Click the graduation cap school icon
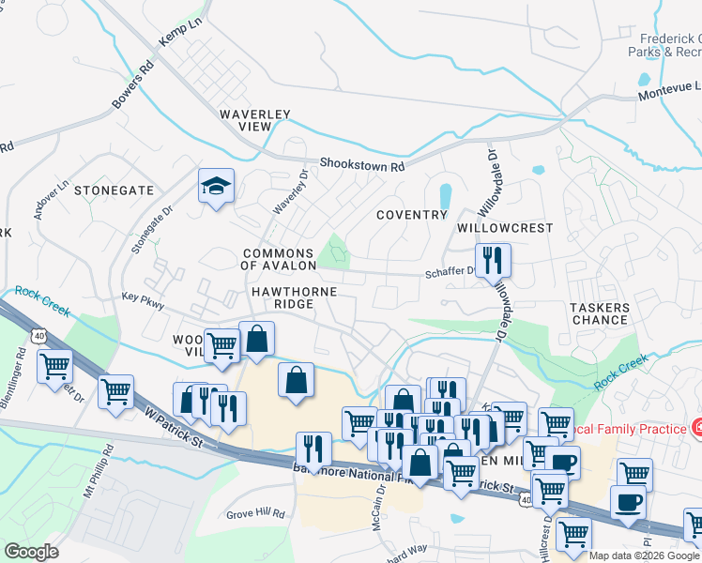pyautogui.click(x=215, y=186)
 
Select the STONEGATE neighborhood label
pyautogui.click(x=114, y=190)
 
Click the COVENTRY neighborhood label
pyautogui.click(x=411, y=215)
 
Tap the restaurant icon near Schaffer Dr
pyautogui.click(x=492, y=260)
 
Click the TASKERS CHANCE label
pyautogui.click(x=600, y=313)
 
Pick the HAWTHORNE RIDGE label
pyautogui.click(x=294, y=298)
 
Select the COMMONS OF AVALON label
pyautogui.click(x=278, y=259)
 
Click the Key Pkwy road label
pyautogui.click(x=143, y=303)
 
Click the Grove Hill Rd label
pyautogui.click(x=255, y=514)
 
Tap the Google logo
pyautogui.click(x=31, y=552)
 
